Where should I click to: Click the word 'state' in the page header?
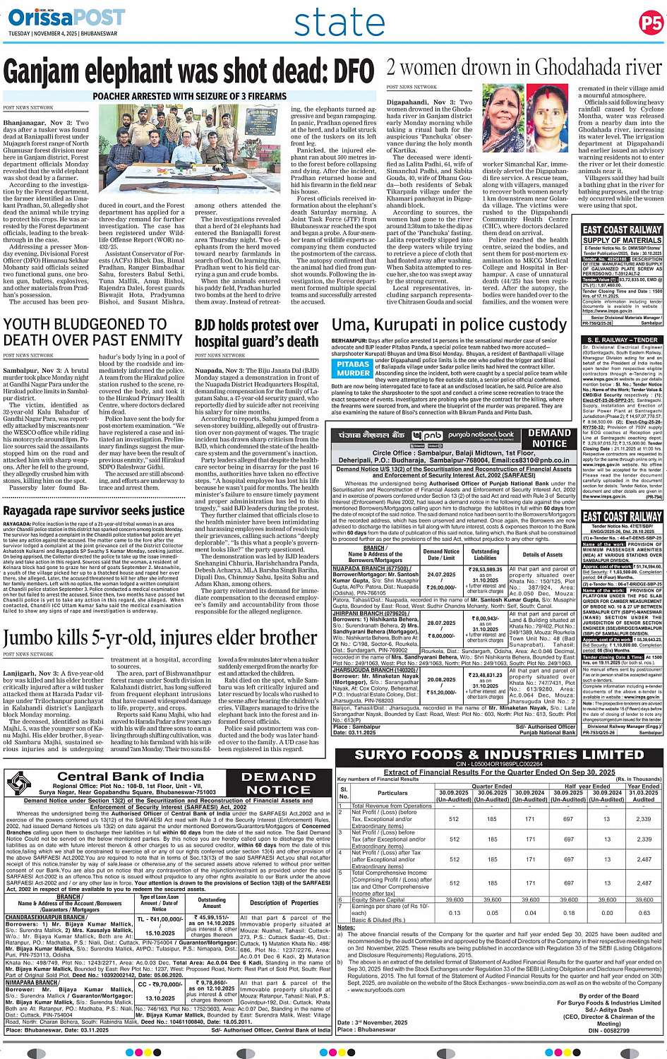click(x=339, y=23)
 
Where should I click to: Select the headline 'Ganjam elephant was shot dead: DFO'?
click(x=188, y=72)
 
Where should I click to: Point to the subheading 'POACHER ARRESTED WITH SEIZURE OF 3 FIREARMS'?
click(x=190, y=96)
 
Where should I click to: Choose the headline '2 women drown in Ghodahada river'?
click(x=524, y=67)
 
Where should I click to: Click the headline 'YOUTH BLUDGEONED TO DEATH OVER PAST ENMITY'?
click(x=93, y=332)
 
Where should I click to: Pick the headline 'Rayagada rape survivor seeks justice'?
click(x=94, y=510)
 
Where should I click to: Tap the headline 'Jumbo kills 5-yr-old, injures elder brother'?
click(x=160, y=638)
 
